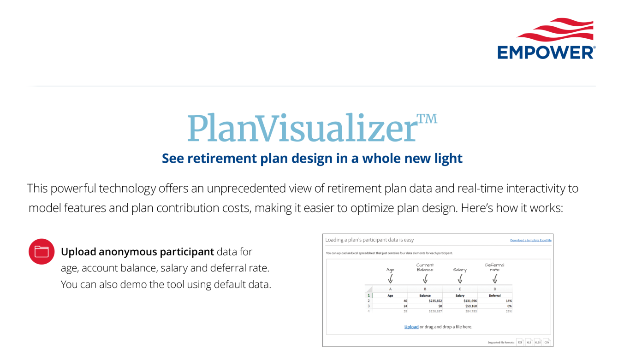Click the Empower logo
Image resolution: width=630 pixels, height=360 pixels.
pyautogui.click(x=546, y=39)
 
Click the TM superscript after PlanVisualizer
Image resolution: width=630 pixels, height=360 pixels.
pyautogui.click(x=427, y=119)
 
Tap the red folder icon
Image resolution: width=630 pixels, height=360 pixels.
pyautogui.click(x=42, y=252)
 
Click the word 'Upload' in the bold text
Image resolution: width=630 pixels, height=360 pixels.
pyautogui.click(x=78, y=252)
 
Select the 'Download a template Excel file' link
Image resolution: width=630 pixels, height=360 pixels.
pyautogui.click(x=530, y=240)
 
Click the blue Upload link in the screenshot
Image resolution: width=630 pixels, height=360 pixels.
pyautogui.click(x=411, y=327)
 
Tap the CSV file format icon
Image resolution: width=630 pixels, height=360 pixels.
pyautogui.click(x=547, y=342)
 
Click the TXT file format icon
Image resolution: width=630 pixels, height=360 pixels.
pyautogui.click(x=520, y=342)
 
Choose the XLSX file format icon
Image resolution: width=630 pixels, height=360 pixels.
pyautogui.click(x=538, y=342)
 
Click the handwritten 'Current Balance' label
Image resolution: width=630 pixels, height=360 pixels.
pyautogui.click(x=425, y=267)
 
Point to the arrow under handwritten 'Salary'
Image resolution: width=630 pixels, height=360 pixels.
pyautogui.click(x=460, y=279)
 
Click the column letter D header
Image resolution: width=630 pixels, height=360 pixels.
pyautogui.click(x=494, y=289)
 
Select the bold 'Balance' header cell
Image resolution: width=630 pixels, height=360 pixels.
pyautogui.click(x=425, y=295)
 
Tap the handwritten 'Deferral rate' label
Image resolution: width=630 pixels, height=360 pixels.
pyautogui.click(x=494, y=267)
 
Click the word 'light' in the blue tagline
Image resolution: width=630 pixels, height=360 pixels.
pyautogui.click(x=446, y=159)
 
